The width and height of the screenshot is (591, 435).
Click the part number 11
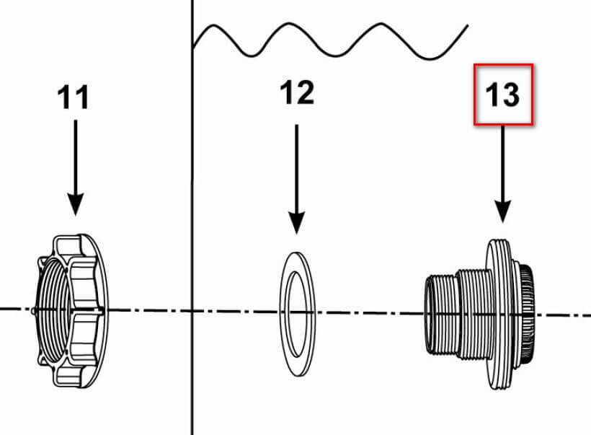pyautogui.click(x=74, y=97)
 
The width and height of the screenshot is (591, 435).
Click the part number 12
pyautogui.click(x=297, y=92)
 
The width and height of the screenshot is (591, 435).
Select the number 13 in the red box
pyautogui.click(x=502, y=95)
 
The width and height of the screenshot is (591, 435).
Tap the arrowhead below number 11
pyautogui.click(x=76, y=204)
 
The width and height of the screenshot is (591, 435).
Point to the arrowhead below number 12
pyautogui.click(x=297, y=223)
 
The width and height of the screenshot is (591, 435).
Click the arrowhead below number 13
pyautogui.click(x=503, y=211)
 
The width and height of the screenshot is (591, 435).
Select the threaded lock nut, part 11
pyautogui.click(x=71, y=311)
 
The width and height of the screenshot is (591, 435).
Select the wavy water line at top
pyautogui.click(x=330, y=40)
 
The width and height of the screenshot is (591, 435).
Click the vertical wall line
pyautogui.click(x=192, y=217)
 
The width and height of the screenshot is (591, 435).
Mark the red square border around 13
pyautogui.click(x=504, y=65)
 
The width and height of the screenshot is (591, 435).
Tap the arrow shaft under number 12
pyautogui.click(x=297, y=169)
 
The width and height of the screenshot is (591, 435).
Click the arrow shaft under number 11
pyautogui.click(x=76, y=157)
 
